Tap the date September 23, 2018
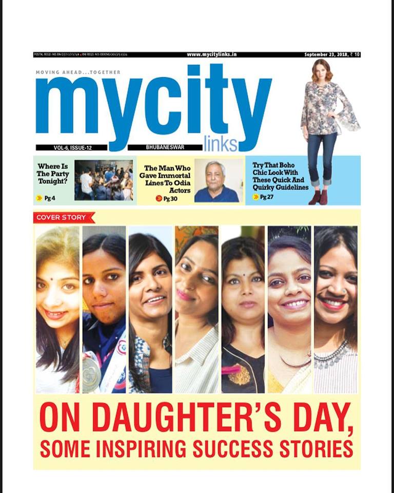point(328,54)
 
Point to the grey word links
point(220,144)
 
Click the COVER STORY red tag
point(64,217)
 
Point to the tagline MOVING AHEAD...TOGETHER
point(78,72)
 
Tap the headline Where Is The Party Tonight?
point(53,174)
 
